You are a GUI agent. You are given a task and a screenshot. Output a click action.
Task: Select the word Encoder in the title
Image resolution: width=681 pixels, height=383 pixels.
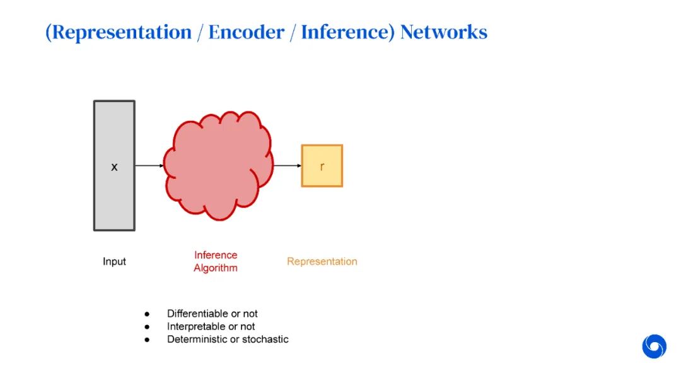point(247,32)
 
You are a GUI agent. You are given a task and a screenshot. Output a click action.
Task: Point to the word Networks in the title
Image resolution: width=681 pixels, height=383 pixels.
point(444,32)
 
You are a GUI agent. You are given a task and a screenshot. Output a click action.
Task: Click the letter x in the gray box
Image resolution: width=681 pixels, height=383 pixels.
point(114,167)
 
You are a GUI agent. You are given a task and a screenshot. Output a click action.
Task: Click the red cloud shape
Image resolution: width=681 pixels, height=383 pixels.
point(218,165)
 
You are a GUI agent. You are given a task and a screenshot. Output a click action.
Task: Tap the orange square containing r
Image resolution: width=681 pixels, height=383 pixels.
point(322,166)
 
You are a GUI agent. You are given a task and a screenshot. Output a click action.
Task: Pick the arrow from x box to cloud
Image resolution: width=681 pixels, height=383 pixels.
point(149,166)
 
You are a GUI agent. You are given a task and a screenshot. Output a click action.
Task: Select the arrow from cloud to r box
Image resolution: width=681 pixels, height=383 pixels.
point(287,166)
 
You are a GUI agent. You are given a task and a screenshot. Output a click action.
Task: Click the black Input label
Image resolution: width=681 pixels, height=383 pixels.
point(114,261)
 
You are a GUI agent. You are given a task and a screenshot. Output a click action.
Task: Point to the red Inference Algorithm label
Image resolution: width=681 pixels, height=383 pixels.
point(216,261)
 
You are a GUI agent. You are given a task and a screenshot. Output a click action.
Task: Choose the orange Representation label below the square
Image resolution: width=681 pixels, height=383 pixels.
point(322,261)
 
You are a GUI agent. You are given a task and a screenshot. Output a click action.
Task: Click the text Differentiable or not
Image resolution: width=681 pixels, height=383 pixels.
point(212,314)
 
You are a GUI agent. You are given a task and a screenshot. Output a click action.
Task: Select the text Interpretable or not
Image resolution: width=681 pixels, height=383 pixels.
point(211,326)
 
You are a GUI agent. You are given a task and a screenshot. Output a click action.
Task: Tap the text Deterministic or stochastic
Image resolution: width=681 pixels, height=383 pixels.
point(228,339)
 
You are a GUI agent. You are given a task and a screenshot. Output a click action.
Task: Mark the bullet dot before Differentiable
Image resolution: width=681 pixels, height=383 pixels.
point(147,314)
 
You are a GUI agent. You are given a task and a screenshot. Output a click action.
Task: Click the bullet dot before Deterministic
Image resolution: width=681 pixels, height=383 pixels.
point(147,340)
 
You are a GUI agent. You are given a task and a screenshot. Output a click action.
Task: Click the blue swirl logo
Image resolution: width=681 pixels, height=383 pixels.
point(654,346)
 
